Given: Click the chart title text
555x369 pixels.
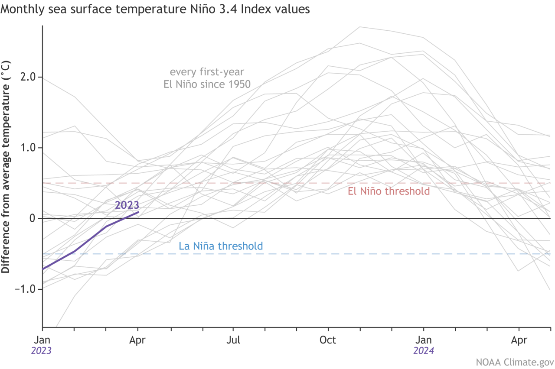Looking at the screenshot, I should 155,9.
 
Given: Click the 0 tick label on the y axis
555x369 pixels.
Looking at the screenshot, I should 33,218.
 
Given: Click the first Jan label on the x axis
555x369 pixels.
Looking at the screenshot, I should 42,340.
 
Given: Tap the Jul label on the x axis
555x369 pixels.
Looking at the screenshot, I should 233,340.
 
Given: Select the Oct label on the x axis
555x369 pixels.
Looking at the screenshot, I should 328,340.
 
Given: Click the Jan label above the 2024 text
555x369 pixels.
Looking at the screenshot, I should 424,340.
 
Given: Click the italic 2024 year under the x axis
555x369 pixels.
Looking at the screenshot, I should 424,351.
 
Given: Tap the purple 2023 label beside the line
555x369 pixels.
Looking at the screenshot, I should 127,205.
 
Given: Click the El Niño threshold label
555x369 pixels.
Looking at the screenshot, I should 388,191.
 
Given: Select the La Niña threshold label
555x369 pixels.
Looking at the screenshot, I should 221,246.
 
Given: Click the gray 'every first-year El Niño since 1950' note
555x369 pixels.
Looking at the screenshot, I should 207,78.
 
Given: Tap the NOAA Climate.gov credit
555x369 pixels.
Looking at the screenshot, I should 515,362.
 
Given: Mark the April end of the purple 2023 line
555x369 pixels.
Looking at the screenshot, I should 138,212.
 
